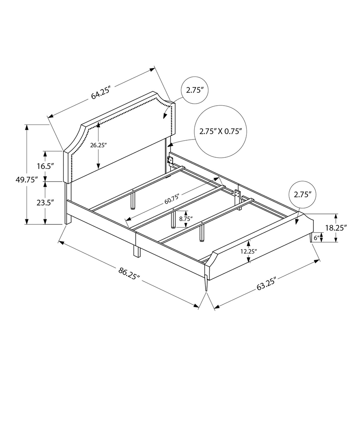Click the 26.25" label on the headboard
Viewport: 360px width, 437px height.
(x=98, y=145)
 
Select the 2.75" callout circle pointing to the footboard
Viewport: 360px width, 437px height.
(x=303, y=194)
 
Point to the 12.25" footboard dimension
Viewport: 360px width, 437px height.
(x=248, y=251)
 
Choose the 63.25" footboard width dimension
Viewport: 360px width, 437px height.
(x=267, y=286)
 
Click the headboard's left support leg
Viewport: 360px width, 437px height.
(x=67, y=204)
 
